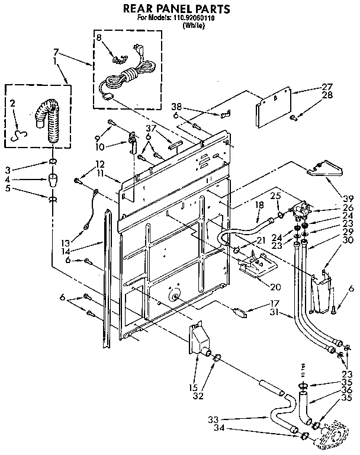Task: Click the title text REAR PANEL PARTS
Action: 175,9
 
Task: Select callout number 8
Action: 99,38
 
